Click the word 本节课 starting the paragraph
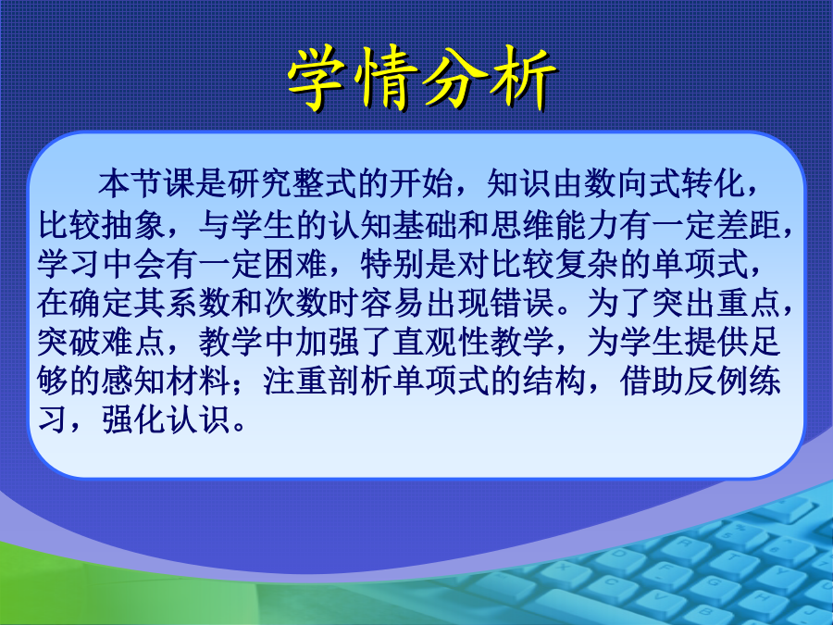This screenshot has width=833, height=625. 147,183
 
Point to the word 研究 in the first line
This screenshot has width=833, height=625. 260,183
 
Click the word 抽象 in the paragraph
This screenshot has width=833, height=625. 134,225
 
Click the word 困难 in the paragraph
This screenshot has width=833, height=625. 295,264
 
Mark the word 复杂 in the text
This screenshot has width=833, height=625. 587,264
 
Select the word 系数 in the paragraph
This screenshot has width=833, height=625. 199,304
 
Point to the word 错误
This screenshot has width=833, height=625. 522,304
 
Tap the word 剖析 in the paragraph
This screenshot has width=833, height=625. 360,381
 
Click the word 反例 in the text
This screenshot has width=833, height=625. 716,381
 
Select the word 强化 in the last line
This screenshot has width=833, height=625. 134,420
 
